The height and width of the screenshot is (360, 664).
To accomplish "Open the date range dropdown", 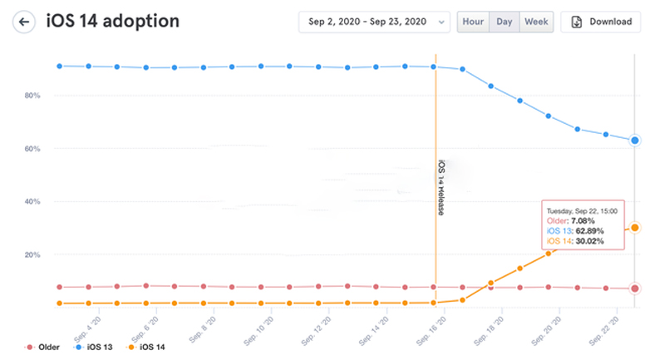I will coord(374,22).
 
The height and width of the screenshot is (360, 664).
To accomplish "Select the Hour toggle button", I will coord(473,22).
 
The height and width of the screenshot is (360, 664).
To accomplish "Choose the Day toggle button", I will coord(504,22).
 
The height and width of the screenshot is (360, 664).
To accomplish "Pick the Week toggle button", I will coord(536,22).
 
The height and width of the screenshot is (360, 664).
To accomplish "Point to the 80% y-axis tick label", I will coord(32,96).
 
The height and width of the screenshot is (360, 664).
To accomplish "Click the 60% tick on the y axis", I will coord(32,149).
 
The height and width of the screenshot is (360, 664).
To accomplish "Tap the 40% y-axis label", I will coord(32,202).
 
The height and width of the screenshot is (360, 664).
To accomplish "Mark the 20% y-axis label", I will coord(32,254).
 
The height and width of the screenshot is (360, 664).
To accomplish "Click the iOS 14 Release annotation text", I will coord(440,187).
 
